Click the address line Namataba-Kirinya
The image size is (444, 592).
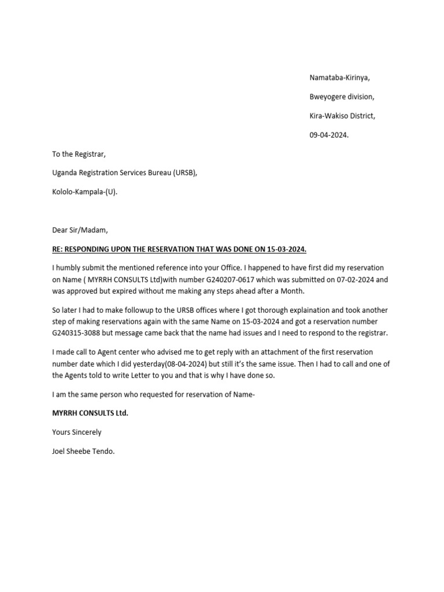point(339,77)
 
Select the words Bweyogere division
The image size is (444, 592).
point(341,97)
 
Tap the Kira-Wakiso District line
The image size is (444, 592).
point(342,116)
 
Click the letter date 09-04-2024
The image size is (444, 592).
point(329,135)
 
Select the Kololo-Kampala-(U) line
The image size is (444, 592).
point(84,192)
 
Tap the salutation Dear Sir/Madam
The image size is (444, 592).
point(80,230)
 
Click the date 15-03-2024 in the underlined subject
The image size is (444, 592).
point(287,249)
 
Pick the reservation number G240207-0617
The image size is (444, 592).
point(231,279)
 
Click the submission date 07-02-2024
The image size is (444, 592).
point(350,279)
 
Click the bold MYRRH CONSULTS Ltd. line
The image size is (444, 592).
point(90,413)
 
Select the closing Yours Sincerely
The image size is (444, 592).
point(76,432)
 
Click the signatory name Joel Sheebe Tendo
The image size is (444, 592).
point(83,451)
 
